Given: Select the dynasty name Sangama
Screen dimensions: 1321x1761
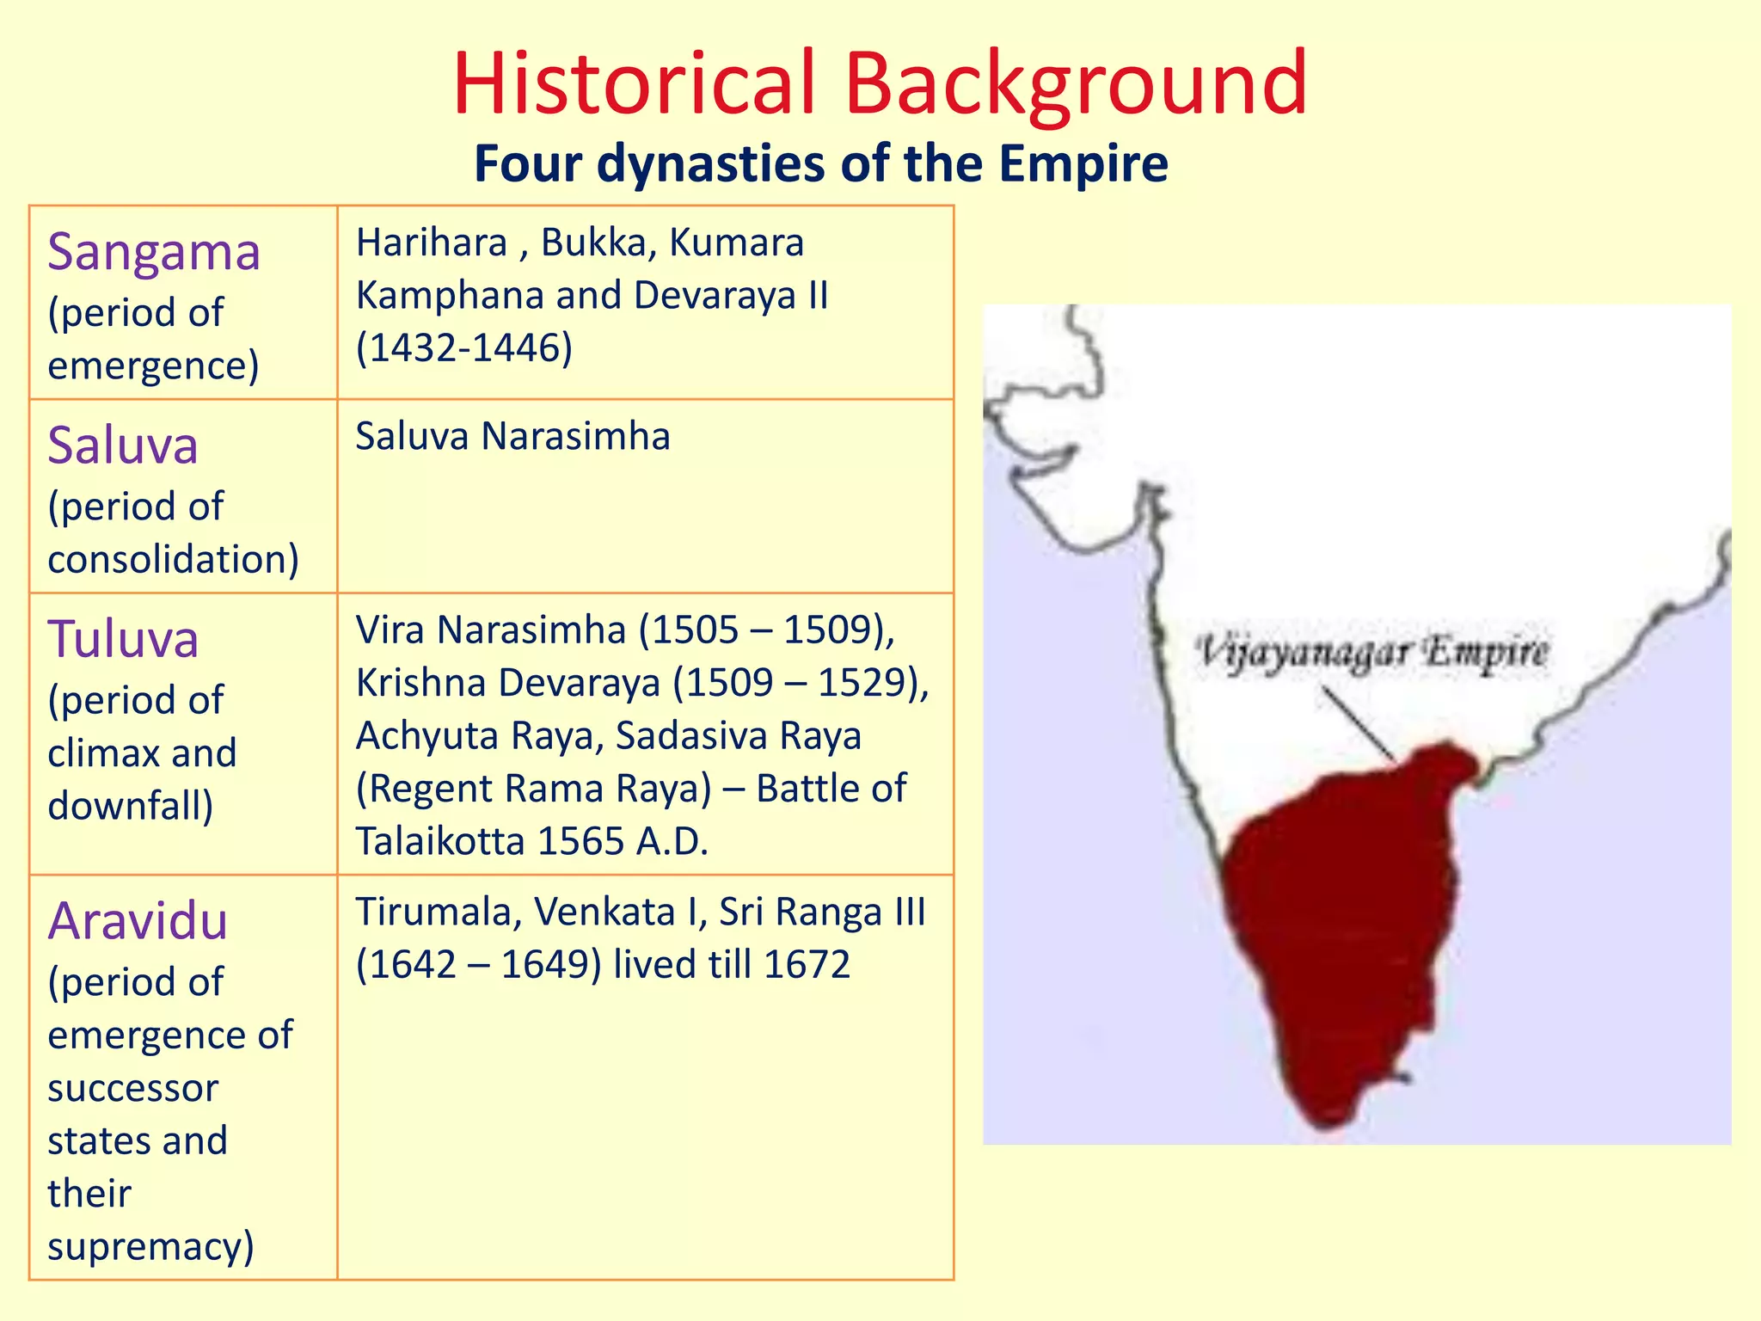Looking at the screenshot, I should [154, 253].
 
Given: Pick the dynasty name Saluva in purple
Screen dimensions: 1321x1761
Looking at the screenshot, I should [123, 445].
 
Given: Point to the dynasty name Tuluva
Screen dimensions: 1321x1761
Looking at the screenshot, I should [123, 640].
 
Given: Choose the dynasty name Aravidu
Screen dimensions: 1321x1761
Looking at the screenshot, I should [138, 921].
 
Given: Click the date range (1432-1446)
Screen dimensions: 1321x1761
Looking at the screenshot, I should [464, 348].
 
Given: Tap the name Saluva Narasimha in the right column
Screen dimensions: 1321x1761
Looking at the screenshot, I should [512, 437].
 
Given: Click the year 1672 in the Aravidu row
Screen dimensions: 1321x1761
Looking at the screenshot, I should [806, 965].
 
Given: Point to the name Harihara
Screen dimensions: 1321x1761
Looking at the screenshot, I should [432, 243].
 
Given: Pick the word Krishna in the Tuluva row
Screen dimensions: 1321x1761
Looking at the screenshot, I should [420, 684].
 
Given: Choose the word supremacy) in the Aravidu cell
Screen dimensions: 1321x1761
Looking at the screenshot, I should [150, 1246].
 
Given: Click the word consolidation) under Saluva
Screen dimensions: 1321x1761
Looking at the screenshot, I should [173, 560].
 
